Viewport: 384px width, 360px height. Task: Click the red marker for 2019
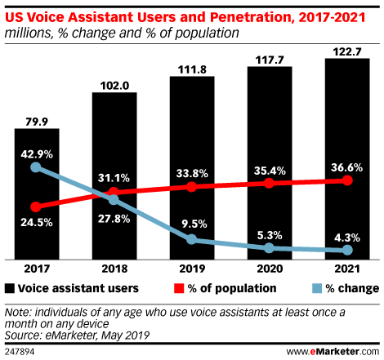[x=192, y=187]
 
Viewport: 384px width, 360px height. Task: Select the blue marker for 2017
[x=35, y=167]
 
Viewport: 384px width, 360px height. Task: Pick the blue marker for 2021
[x=348, y=250]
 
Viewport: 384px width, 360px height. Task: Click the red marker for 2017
[x=35, y=207]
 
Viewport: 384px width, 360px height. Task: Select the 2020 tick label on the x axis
[x=270, y=268]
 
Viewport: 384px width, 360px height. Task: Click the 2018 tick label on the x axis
[x=114, y=268]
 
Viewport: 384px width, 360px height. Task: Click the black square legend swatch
[x=9, y=288]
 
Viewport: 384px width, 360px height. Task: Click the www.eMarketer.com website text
[x=330, y=351]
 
